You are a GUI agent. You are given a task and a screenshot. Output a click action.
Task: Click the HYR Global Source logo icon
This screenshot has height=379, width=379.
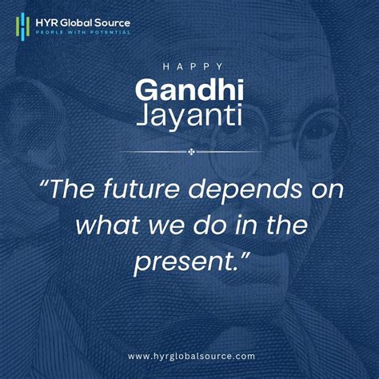pos(23,25)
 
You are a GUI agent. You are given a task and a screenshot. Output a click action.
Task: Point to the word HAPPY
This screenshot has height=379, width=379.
pos(189,66)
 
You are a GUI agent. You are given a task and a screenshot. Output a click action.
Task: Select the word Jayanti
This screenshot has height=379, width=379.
pos(189,117)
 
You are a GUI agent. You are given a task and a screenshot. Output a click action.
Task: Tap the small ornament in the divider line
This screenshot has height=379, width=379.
pos(189,151)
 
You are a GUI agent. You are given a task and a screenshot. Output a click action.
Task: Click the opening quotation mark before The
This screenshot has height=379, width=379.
pos(45,189)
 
